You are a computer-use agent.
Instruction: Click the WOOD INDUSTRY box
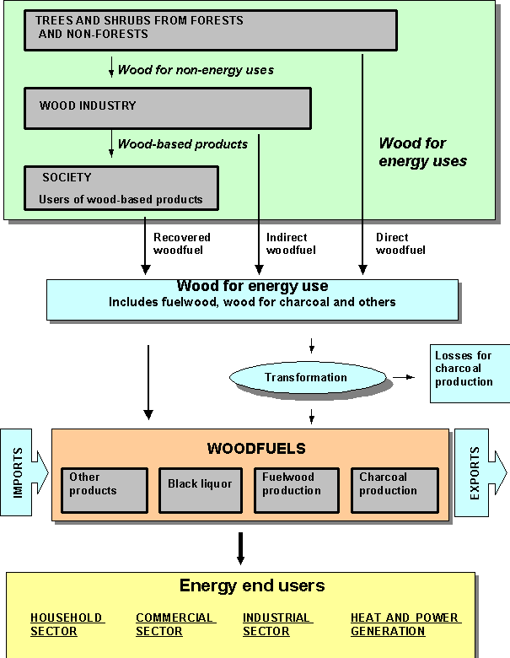tap(167, 107)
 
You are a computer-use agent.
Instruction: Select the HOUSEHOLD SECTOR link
tap(67, 624)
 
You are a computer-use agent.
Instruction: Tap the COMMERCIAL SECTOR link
tap(175, 624)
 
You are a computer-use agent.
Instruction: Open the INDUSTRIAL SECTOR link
tap(277, 624)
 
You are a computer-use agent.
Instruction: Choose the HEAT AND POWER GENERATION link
tap(405, 624)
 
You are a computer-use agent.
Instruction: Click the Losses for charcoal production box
tap(469, 372)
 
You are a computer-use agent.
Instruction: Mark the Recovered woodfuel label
tap(182, 243)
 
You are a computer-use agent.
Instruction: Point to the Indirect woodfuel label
tap(291, 243)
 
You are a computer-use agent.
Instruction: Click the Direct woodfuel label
tap(400, 243)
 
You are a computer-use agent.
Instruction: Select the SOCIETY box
tap(121, 187)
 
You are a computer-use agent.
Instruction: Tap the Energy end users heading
tap(252, 585)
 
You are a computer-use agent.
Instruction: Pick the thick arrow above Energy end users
tap(241, 547)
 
